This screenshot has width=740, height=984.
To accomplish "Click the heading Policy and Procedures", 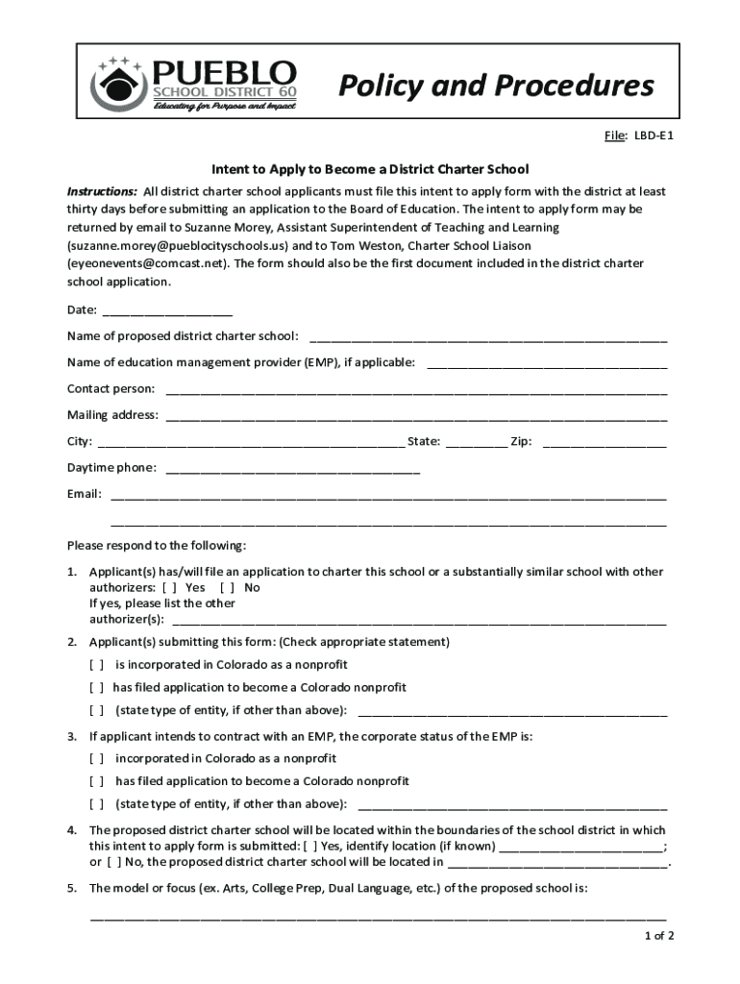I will coord(496,86).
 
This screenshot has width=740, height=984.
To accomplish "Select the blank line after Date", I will coord(166,311).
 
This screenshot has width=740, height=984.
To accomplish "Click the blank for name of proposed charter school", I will coord(487,337).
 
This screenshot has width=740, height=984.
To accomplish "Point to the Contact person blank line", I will coord(416,390).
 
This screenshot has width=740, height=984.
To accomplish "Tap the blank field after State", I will coord(476,443).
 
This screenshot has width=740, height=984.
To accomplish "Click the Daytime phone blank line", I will coord(293,469).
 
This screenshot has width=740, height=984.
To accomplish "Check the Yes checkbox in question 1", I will coord(169,587).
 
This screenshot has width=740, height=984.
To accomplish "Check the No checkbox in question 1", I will coord(227,587).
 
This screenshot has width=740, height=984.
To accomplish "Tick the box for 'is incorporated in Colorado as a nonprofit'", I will coord(97,665).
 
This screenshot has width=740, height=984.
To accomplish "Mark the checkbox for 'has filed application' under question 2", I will coord(97,688).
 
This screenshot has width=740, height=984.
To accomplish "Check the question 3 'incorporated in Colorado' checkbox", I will coord(97,758).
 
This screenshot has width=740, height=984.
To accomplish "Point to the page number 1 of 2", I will coord(659,936).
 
